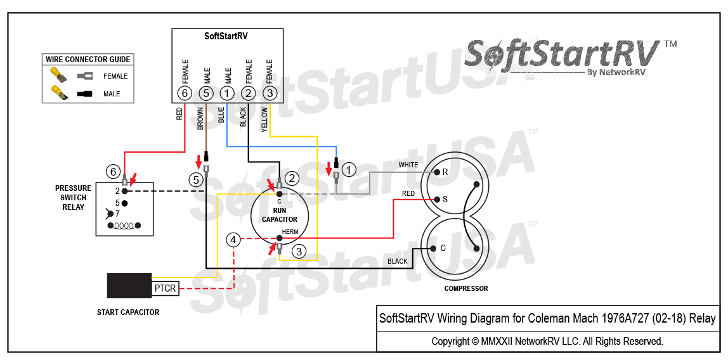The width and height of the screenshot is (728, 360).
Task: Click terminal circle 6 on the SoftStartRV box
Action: (x=185, y=94)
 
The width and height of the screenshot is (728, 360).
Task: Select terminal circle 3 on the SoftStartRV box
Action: (x=270, y=94)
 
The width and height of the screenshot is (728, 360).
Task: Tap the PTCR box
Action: (x=166, y=288)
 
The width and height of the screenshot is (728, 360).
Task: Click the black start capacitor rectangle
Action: (x=129, y=286)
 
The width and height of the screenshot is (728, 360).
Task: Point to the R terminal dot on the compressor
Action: (x=436, y=172)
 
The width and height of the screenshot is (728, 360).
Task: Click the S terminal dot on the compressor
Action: (x=436, y=199)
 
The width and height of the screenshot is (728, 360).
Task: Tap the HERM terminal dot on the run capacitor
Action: (x=279, y=239)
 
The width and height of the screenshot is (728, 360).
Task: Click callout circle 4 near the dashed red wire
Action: (x=234, y=240)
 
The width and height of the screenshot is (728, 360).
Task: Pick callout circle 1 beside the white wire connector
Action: (x=349, y=169)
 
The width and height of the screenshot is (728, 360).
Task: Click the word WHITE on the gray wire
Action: (x=408, y=165)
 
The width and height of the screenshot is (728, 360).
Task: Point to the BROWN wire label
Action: (x=200, y=119)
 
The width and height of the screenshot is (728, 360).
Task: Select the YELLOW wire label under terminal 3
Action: (x=264, y=119)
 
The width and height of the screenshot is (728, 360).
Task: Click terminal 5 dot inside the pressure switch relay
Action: (x=125, y=203)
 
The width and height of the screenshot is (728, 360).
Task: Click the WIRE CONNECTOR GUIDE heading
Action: (x=88, y=60)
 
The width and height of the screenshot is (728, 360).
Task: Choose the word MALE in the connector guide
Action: (x=112, y=94)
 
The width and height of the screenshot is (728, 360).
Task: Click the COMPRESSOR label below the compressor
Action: (x=466, y=288)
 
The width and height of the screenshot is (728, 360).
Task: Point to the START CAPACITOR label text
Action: (x=128, y=312)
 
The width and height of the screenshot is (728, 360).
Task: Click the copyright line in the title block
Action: (x=547, y=341)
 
